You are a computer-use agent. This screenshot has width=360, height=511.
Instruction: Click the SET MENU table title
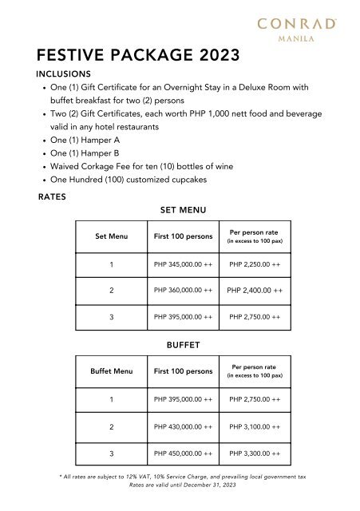tap(184, 210)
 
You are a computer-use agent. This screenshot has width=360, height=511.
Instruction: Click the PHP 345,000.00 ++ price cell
tap(183, 264)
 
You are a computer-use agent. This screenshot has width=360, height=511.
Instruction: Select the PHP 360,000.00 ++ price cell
tap(183, 291)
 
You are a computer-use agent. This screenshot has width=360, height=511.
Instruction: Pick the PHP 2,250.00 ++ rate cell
tap(255, 264)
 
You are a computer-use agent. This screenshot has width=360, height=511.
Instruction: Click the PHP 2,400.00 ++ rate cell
tap(255, 291)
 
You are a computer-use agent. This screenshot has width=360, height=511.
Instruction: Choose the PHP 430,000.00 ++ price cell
tap(183, 427)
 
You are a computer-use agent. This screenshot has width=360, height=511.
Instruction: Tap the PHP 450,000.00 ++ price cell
tap(183, 454)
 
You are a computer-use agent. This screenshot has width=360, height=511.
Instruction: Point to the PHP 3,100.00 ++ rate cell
tap(255, 427)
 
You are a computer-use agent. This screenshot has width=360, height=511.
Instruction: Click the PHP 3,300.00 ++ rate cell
tap(255, 454)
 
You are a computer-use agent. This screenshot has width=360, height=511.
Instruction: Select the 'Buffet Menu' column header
tap(113, 371)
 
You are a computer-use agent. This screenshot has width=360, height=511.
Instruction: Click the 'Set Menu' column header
tap(113, 236)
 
